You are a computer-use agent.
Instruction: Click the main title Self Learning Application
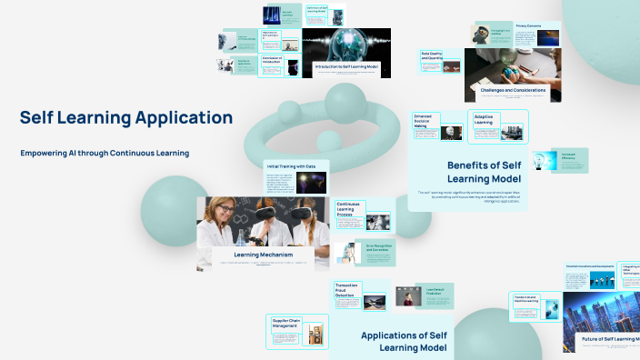126,117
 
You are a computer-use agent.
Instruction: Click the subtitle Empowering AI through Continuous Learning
105,153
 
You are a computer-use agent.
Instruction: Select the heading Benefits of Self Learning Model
484,171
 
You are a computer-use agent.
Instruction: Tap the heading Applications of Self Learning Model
403,341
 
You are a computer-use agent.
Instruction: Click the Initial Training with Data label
290,166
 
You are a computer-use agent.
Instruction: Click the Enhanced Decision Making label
427,120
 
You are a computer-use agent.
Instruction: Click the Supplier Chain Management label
286,323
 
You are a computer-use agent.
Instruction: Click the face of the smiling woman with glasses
224,211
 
